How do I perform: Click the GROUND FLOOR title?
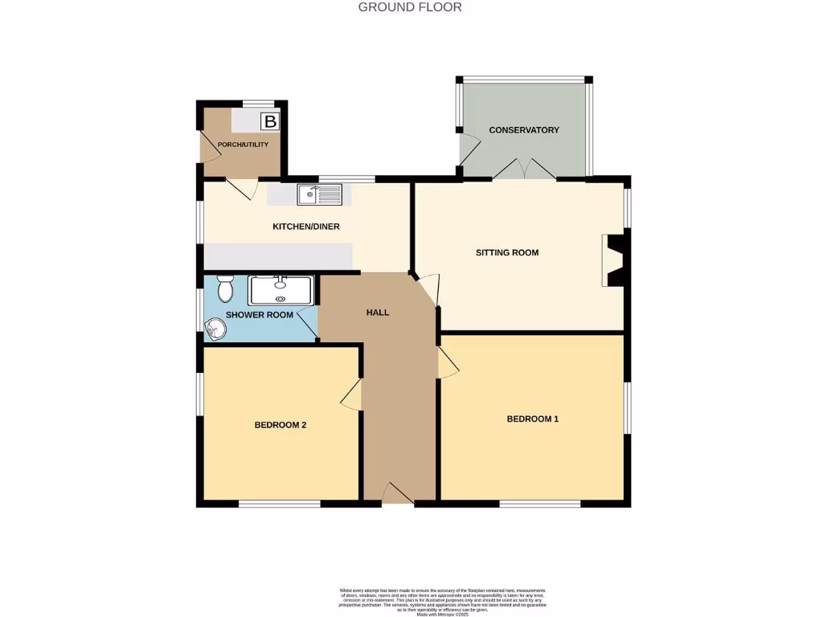point(410,7)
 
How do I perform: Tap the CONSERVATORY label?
point(524,130)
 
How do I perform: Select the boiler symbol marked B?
point(271,122)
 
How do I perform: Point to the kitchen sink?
point(319,194)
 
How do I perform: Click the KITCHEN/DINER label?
point(306,227)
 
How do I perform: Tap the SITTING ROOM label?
point(507,252)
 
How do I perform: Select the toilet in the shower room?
point(225,288)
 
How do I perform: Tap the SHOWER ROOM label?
point(259,315)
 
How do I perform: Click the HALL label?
point(378,313)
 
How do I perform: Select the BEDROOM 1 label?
point(532,419)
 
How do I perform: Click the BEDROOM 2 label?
point(280,425)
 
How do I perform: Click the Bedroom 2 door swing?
point(350,394)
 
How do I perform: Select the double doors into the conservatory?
point(523,169)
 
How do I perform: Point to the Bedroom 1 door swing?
point(448,362)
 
